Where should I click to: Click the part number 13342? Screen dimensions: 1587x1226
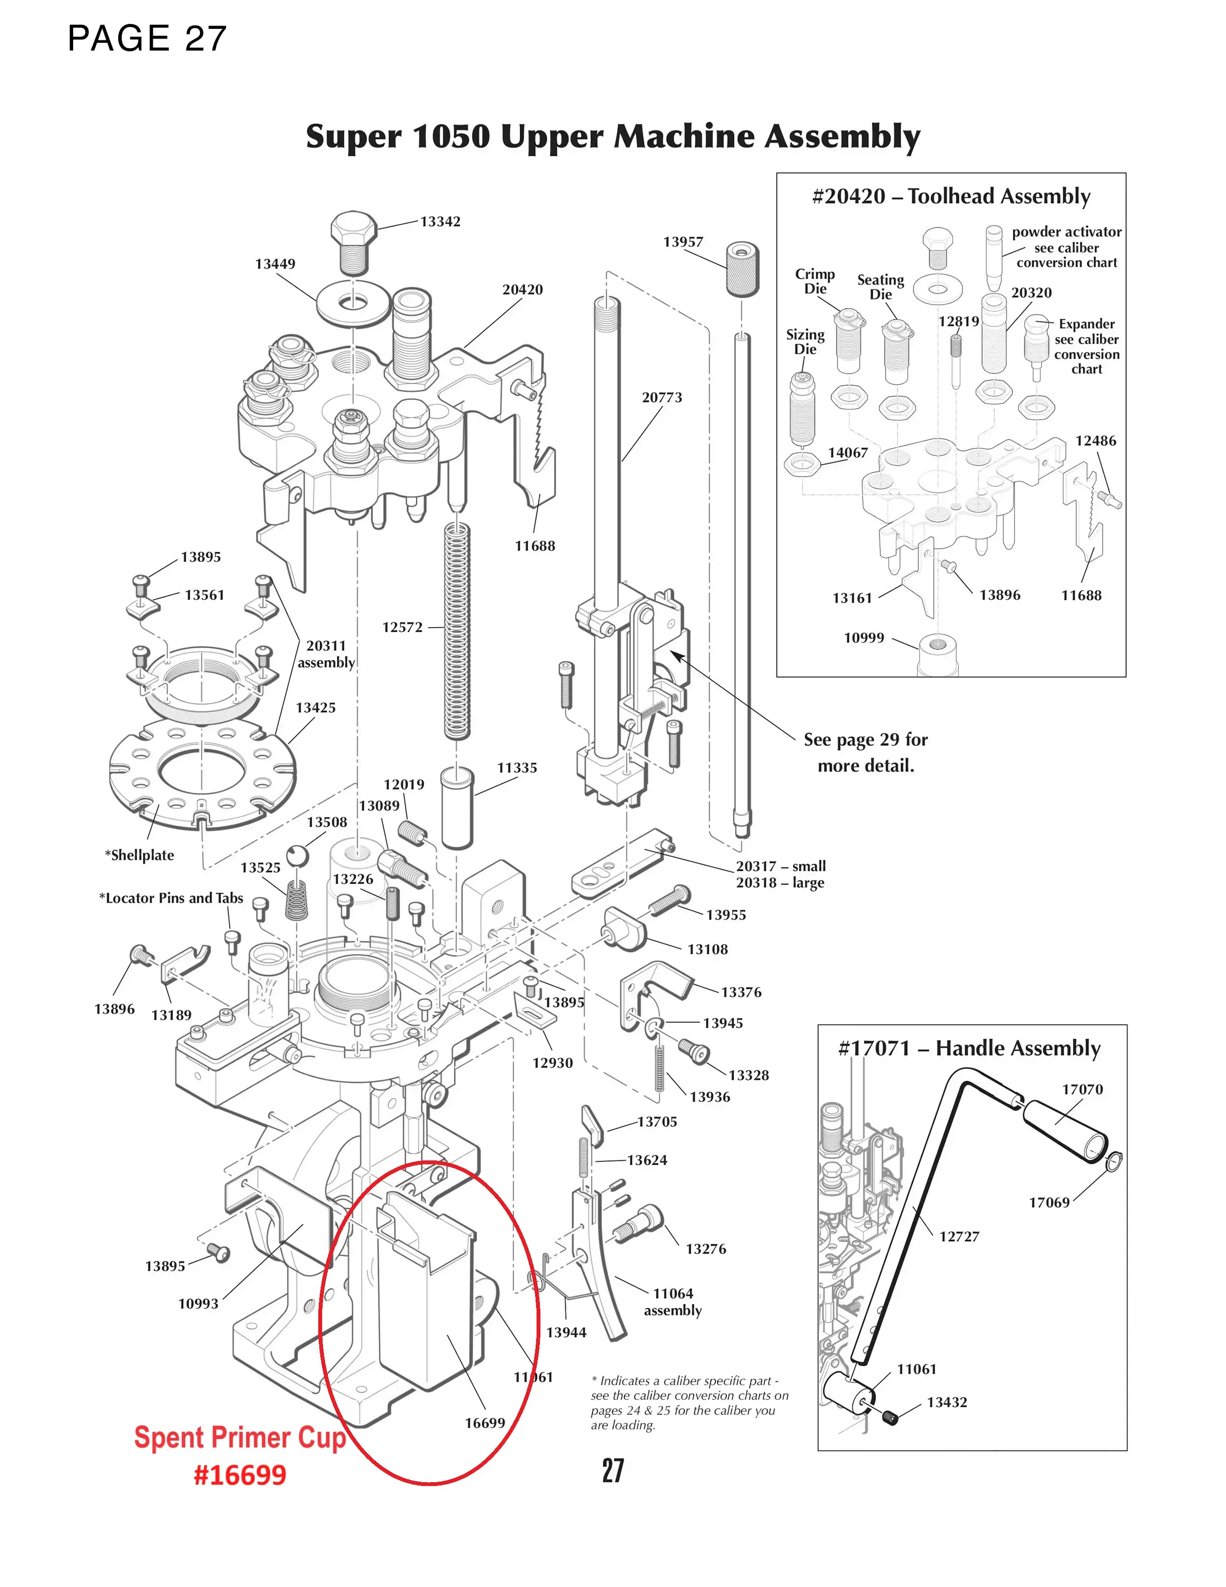[x=440, y=222]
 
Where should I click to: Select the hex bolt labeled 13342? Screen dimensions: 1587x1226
[x=353, y=240]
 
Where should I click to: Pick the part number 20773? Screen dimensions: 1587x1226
[x=662, y=398]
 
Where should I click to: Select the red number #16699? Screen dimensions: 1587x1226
[x=240, y=1475]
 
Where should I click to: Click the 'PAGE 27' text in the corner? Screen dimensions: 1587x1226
[x=148, y=38]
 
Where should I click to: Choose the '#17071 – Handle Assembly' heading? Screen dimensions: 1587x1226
[x=969, y=1048]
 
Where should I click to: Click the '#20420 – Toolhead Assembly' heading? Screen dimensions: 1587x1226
[x=951, y=196]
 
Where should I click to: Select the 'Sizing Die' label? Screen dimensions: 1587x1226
[x=805, y=341]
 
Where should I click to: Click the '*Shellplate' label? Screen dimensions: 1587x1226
[x=139, y=855]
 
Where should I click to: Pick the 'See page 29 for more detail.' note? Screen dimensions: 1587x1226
[x=865, y=752]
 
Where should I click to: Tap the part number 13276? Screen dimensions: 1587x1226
[x=705, y=1248]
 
